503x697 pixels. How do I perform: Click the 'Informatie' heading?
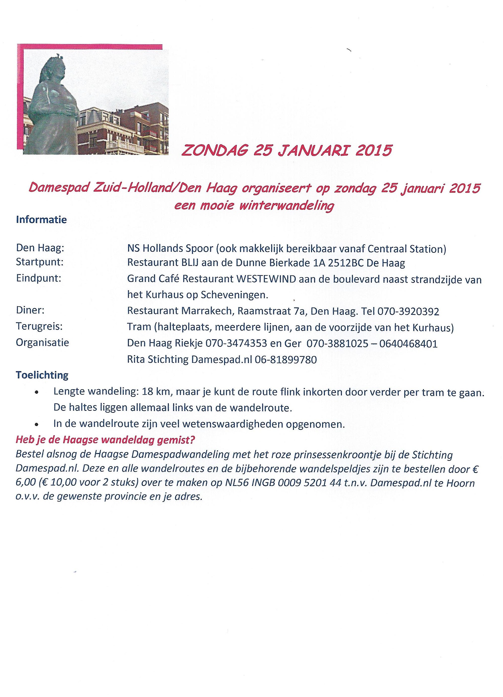pos(41,220)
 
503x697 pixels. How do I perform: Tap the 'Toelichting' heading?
pos(42,375)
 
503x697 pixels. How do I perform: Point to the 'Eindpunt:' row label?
pos(38,278)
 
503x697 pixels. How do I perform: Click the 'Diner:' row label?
pos(30,310)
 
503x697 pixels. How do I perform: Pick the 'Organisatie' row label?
pos(42,342)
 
